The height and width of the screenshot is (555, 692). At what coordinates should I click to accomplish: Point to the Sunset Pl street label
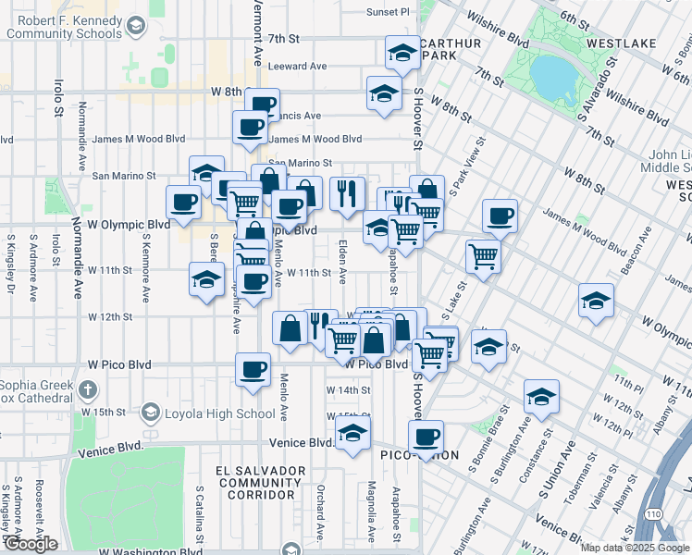point(387,11)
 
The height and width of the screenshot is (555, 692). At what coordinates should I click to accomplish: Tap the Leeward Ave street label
point(297,67)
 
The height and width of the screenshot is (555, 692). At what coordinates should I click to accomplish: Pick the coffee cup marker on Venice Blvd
point(426,437)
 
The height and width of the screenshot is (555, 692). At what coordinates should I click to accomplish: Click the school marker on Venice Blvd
point(352,433)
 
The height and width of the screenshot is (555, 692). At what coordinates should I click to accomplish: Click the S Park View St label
point(467,166)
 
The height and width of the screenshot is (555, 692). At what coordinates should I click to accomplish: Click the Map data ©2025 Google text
point(635,548)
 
